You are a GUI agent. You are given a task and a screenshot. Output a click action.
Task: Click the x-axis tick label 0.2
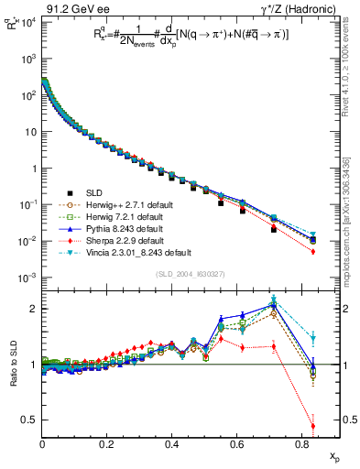[x=107, y=444]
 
